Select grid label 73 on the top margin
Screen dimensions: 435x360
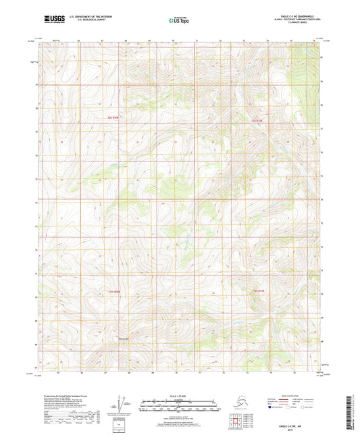coord(244,41)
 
